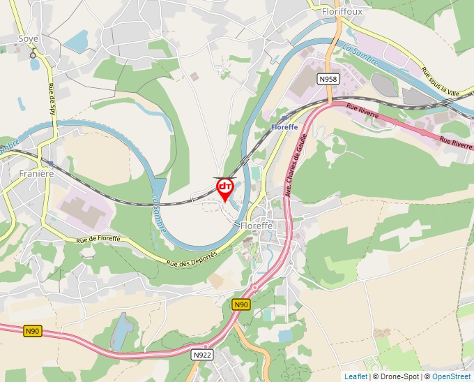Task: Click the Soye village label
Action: (29, 39)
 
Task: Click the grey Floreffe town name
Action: (259, 226)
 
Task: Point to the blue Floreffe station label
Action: (284, 126)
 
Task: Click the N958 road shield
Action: (328, 79)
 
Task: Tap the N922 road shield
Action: (202, 355)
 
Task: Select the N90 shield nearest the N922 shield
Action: (241, 304)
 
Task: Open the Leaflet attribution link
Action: (355, 376)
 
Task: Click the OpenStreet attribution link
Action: (451, 376)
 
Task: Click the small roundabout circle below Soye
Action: (33, 55)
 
